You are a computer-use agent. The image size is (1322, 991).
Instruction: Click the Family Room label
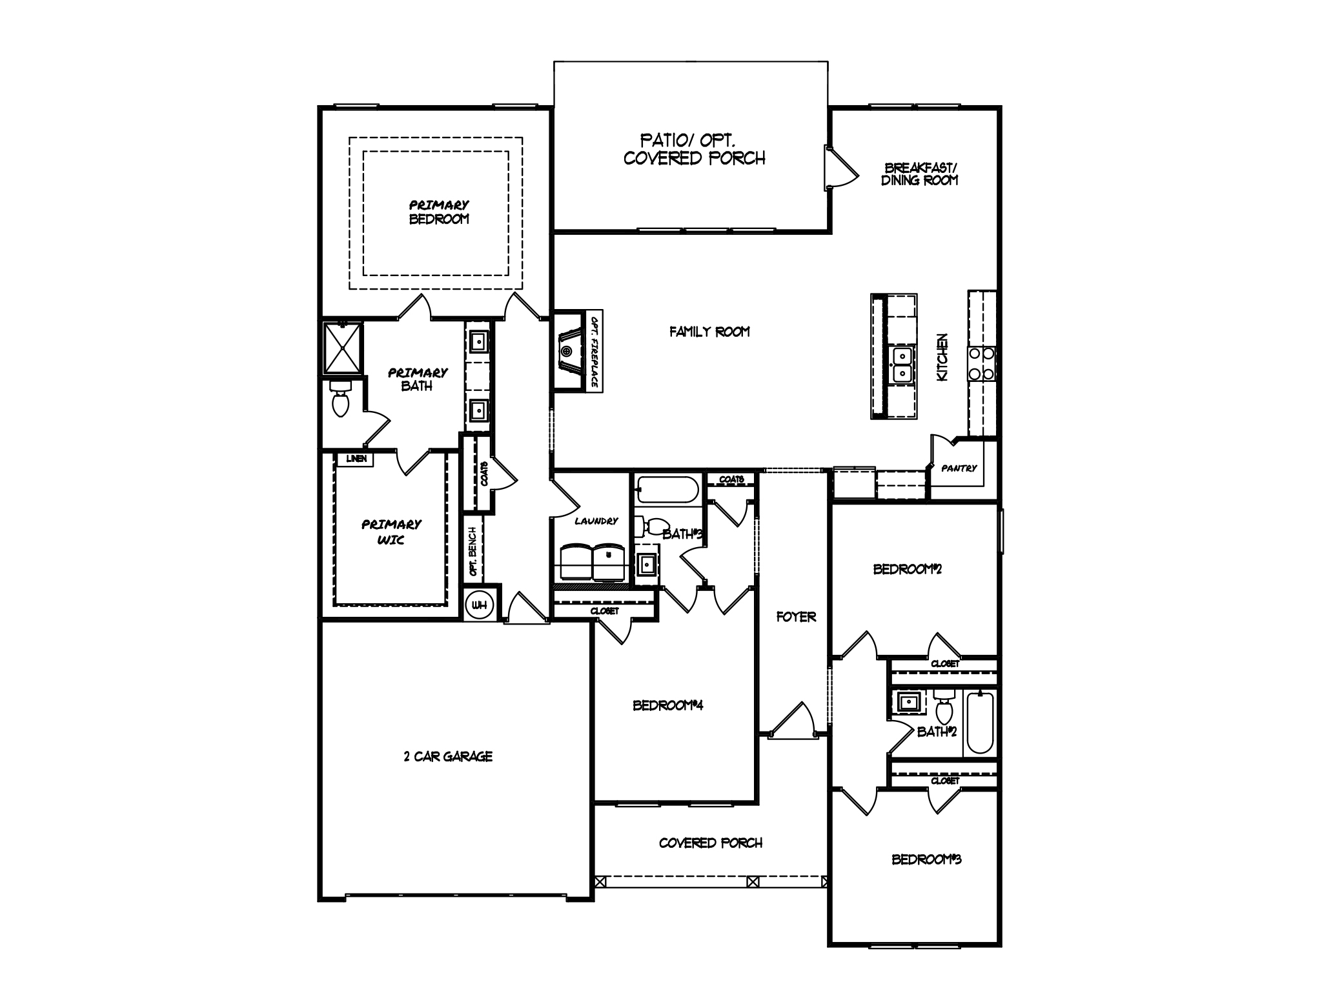click(x=709, y=332)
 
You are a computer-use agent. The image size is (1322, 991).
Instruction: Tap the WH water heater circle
click(x=479, y=605)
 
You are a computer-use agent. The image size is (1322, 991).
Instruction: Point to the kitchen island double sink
click(x=900, y=364)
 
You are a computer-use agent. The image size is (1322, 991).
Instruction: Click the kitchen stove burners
click(x=981, y=363)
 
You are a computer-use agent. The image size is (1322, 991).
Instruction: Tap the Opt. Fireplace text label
click(x=595, y=351)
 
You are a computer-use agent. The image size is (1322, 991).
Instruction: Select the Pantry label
click(x=959, y=468)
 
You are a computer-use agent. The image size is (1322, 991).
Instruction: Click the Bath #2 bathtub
click(x=980, y=722)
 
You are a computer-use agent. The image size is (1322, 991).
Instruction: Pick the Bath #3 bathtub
click(x=667, y=489)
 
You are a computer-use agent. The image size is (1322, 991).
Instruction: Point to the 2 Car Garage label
click(x=448, y=756)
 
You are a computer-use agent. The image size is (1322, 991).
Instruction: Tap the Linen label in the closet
click(x=356, y=459)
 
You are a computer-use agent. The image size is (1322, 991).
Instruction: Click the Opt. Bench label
click(x=473, y=552)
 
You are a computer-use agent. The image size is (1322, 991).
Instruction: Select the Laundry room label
click(x=596, y=521)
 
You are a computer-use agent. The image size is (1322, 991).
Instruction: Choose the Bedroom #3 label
click(x=926, y=859)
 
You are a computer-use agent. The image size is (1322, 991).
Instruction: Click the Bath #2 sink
click(x=910, y=701)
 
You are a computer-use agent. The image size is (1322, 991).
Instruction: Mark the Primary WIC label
click(x=391, y=532)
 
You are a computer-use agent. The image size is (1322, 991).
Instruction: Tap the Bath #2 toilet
click(x=944, y=707)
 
